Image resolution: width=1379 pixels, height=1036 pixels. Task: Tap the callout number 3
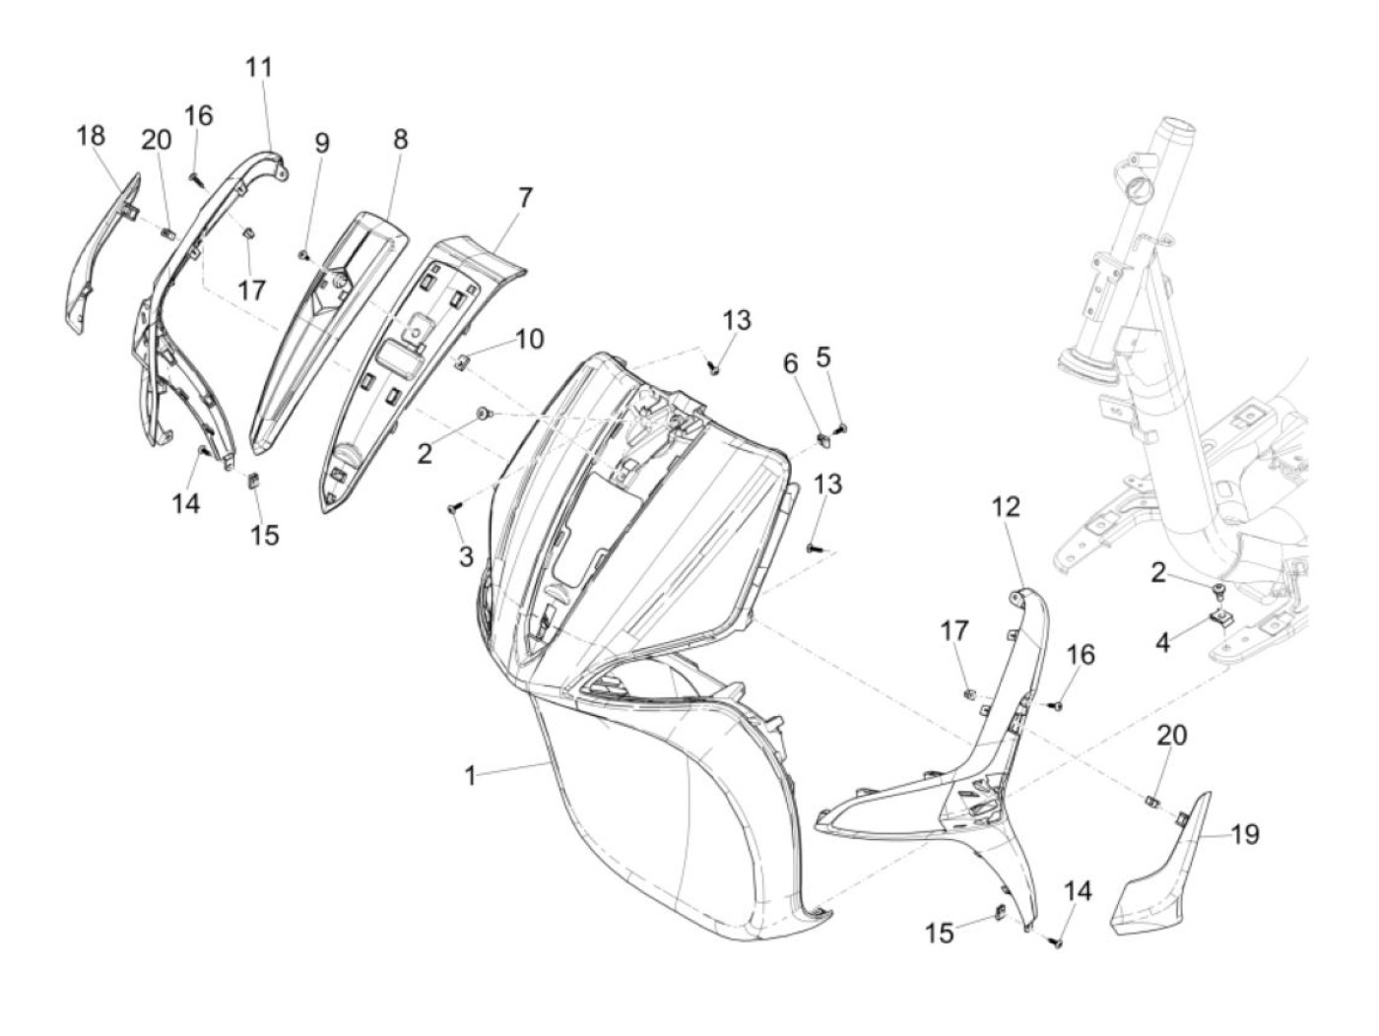click(466, 556)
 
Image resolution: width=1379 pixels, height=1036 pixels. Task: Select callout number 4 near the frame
click(1163, 642)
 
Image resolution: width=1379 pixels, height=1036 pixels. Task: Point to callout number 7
click(525, 198)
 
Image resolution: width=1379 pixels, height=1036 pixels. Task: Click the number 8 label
click(400, 139)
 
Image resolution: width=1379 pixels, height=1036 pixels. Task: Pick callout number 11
click(259, 67)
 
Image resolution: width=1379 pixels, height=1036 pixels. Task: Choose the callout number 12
click(1006, 507)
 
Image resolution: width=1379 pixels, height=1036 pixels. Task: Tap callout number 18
click(91, 135)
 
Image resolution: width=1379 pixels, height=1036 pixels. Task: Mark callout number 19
click(1245, 834)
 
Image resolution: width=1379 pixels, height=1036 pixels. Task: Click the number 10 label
click(529, 340)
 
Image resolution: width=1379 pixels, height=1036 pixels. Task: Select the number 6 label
click(791, 363)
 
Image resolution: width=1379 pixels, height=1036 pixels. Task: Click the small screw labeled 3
click(454, 509)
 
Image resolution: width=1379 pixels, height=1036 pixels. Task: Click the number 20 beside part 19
click(1172, 735)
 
